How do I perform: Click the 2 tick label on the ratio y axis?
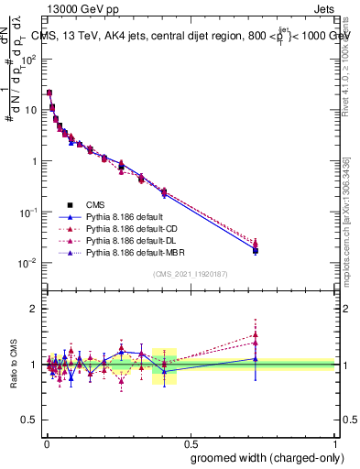click(x=34, y=309)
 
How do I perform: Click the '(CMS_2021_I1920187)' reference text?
click(x=190, y=273)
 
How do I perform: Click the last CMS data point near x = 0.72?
click(x=256, y=250)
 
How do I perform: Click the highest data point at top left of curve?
click(x=49, y=93)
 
